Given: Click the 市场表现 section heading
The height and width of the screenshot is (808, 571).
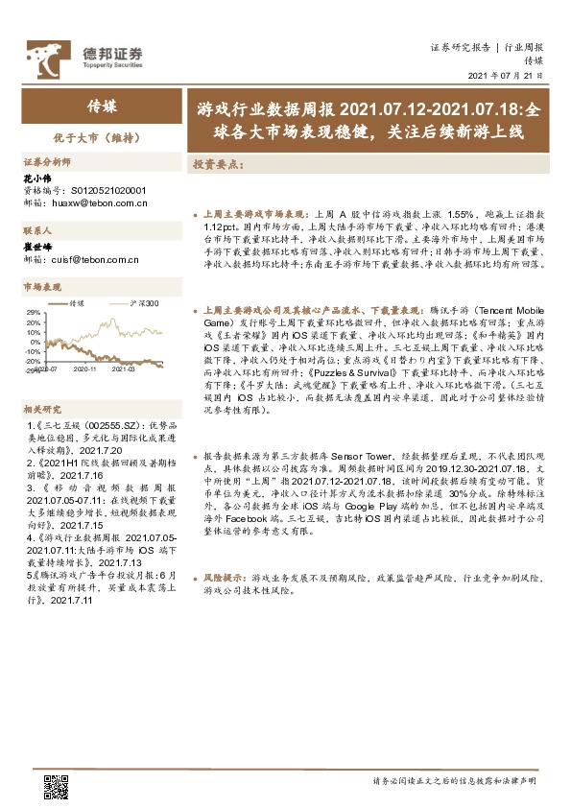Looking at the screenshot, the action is coord(42,286).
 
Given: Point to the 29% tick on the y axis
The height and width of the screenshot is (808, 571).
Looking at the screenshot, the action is coord(34,313).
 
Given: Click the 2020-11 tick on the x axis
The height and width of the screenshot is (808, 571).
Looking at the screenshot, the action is coord(85,368).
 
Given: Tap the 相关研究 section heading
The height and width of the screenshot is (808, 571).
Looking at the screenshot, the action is coord(42,408).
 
